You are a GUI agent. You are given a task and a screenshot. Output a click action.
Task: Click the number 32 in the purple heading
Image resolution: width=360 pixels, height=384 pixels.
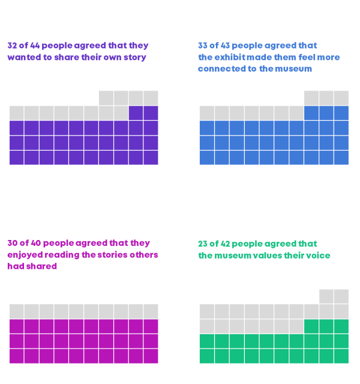[x=13, y=46]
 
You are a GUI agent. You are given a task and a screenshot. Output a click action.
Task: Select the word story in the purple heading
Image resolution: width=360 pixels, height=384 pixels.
[x=134, y=58]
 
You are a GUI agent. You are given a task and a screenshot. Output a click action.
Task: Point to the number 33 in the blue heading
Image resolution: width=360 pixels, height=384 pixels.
[x=203, y=46]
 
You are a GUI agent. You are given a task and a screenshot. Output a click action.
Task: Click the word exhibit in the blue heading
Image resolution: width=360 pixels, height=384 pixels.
[x=229, y=58]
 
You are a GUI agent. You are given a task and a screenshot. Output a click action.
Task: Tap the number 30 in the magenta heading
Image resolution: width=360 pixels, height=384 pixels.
[x=13, y=244]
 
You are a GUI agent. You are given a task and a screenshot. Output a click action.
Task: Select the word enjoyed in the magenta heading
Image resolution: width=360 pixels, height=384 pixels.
[x=25, y=255]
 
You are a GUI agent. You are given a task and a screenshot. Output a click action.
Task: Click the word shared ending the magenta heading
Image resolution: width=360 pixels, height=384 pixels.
[x=44, y=266]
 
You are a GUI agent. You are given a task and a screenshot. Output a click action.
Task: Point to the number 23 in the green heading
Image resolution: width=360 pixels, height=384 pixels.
[x=203, y=244]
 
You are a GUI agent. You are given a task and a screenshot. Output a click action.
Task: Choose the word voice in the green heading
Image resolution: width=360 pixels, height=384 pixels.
[x=318, y=256]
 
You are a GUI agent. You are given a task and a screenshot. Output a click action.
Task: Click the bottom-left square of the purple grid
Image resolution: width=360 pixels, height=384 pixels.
[x=17, y=157]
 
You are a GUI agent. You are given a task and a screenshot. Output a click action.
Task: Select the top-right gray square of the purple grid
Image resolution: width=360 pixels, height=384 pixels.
[x=151, y=98]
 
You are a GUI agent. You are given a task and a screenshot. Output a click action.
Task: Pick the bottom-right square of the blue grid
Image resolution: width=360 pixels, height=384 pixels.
[x=341, y=157]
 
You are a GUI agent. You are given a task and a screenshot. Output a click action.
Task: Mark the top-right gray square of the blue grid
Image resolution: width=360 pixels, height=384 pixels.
[x=341, y=98]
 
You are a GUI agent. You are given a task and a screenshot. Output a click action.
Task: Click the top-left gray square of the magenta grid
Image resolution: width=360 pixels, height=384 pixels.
[x=17, y=311]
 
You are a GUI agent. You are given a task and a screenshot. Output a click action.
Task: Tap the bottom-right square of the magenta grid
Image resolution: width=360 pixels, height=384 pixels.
[x=151, y=356]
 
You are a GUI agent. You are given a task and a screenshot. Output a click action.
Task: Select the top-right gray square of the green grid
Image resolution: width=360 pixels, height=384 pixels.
[x=341, y=296]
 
